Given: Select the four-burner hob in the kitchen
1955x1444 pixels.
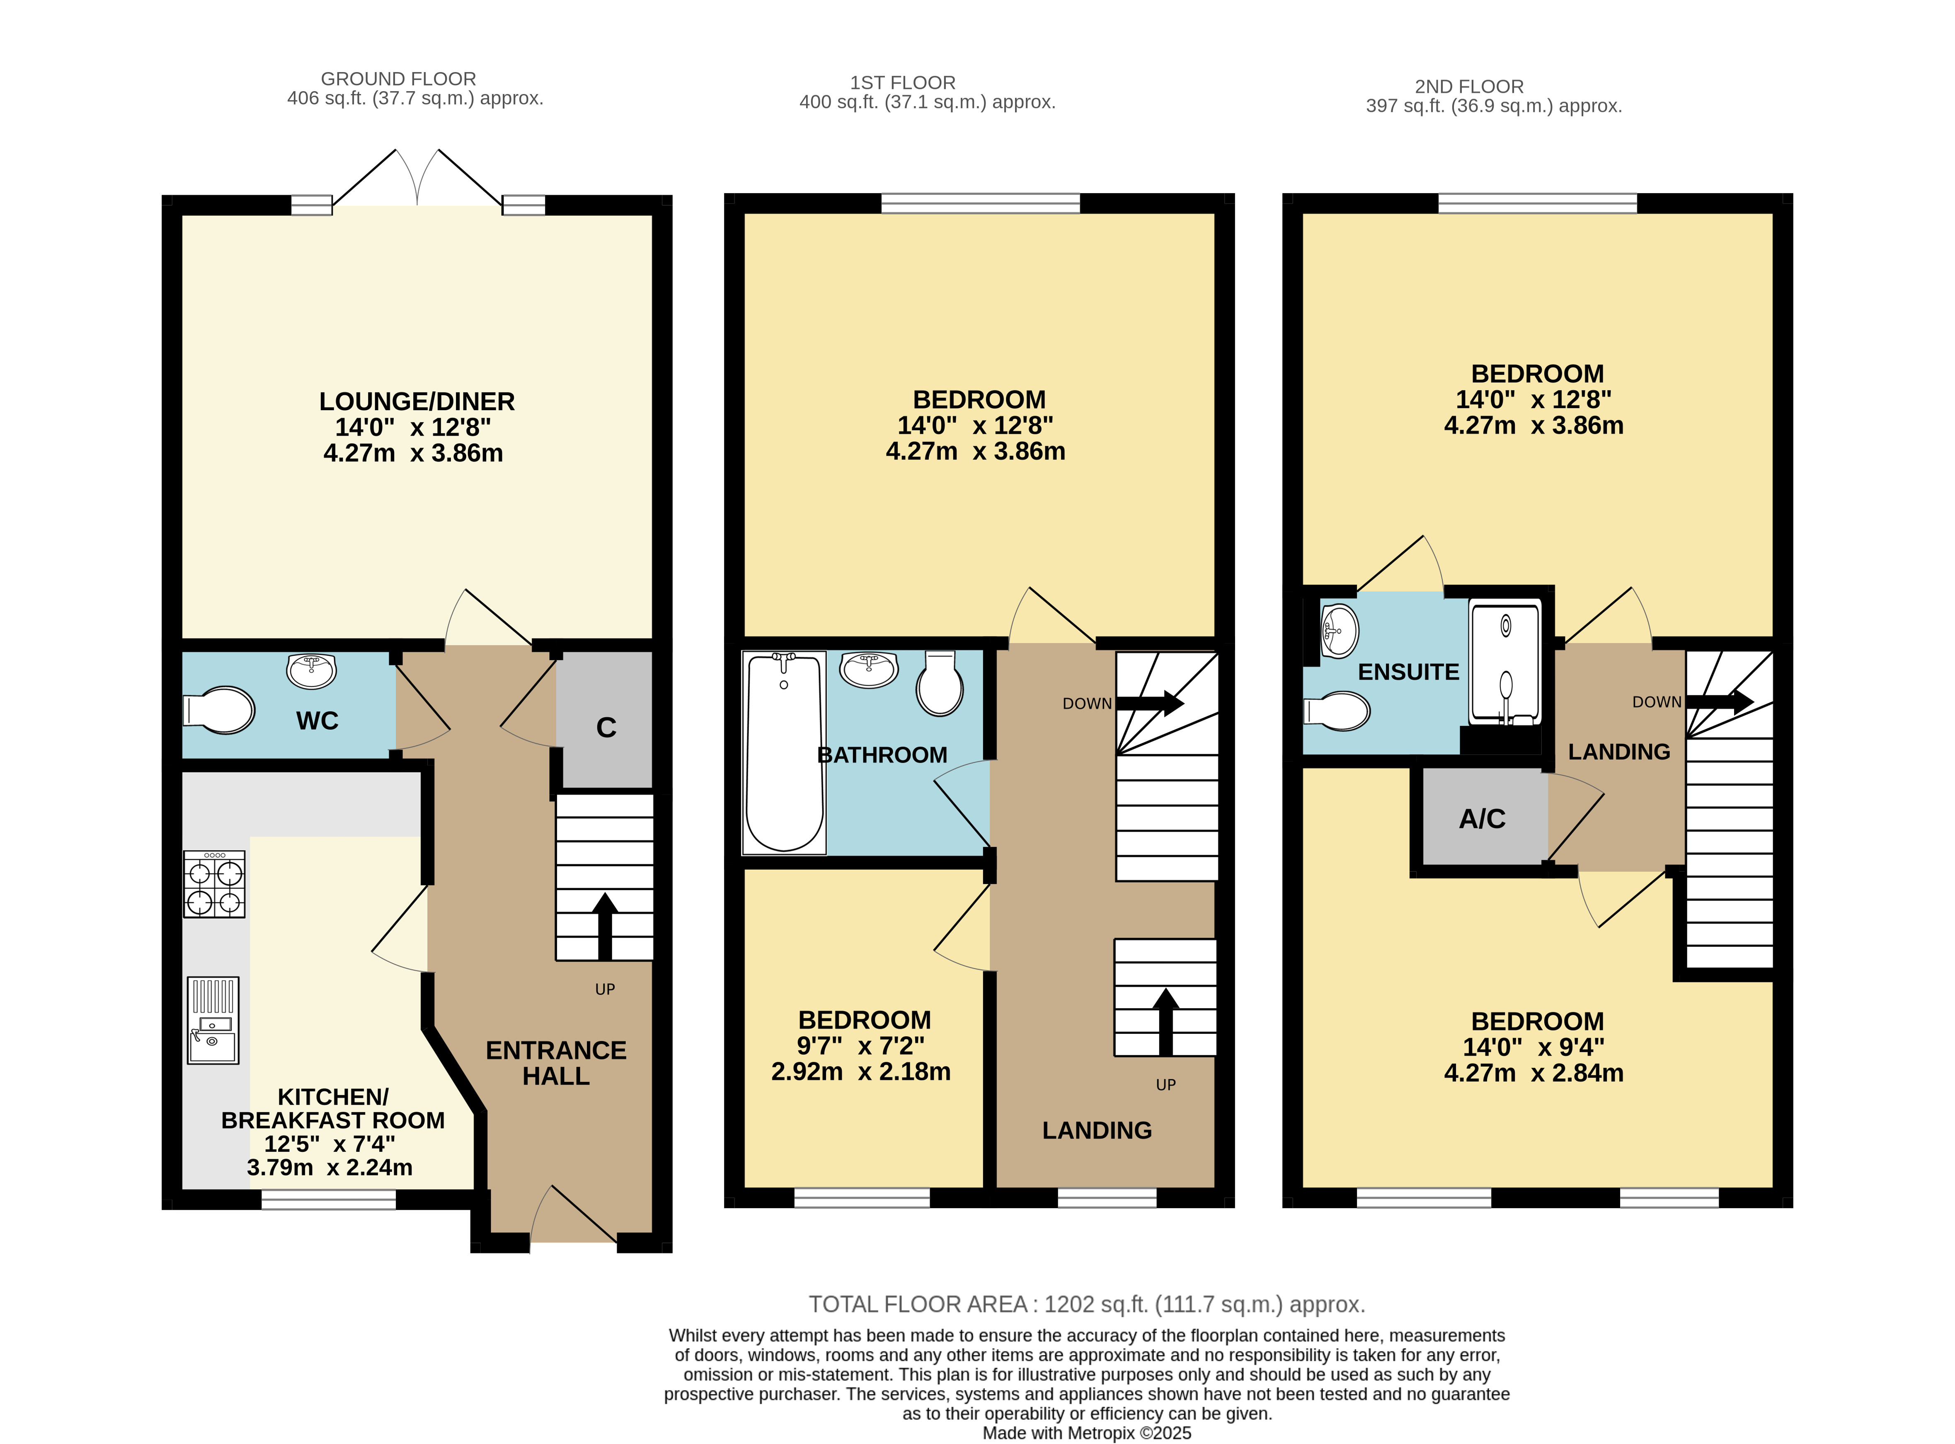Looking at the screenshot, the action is coord(214,885).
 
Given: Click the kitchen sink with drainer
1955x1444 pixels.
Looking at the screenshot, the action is coord(213,1020).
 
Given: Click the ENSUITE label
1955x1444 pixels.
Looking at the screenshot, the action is coord(1409,672).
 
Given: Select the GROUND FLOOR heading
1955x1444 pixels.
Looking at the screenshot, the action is coord(399,79).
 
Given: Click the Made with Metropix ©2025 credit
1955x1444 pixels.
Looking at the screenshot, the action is coord(1087,1434).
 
